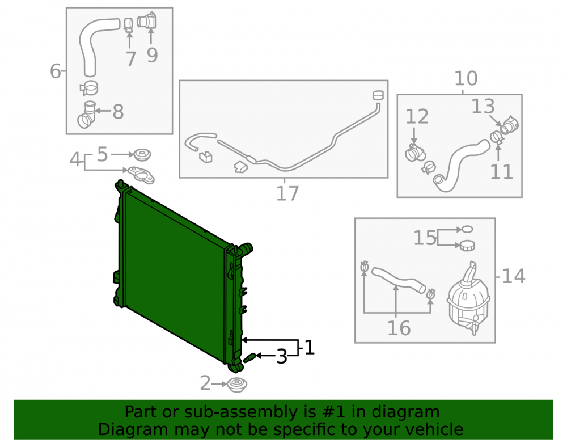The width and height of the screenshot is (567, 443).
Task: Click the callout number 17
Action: [287, 193]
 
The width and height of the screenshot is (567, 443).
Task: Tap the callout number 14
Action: [514, 276]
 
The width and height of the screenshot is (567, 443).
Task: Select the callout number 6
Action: [55, 71]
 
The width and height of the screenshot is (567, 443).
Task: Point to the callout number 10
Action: [466, 78]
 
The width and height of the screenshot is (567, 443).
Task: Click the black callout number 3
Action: [282, 357]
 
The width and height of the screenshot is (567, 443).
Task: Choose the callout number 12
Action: [417, 116]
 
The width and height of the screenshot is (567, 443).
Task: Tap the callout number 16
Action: [399, 328]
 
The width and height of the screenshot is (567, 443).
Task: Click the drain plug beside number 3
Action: [250, 358]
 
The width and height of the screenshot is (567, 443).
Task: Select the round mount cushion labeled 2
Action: [237, 385]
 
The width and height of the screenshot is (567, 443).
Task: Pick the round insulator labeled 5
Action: [142, 155]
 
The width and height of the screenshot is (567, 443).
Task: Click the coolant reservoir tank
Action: [469, 298]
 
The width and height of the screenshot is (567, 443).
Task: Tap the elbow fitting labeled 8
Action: [87, 115]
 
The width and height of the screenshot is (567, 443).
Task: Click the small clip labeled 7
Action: [128, 25]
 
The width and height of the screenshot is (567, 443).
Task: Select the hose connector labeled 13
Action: [510, 125]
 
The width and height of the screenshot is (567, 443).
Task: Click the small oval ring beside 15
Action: [467, 229]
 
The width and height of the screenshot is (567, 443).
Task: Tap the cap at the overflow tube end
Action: [378, 95]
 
